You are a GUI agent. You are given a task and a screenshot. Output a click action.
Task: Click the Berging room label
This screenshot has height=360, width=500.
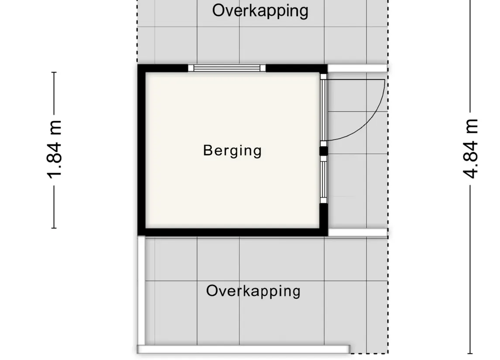pos(232,151)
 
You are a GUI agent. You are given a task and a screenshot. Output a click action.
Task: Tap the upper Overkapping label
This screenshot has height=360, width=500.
pos(260,11)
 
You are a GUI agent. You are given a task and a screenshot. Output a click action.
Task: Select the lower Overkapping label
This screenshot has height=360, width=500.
pos(253,291)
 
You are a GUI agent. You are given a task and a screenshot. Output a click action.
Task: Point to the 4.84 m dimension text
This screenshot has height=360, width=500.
pos(470,148)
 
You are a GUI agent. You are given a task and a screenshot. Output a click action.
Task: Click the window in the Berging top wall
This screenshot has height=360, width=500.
pos(227,68)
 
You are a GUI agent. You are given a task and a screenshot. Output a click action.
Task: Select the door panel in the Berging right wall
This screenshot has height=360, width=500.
pos(324,110)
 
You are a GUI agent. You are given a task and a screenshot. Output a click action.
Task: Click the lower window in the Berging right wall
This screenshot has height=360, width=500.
pos(324,179)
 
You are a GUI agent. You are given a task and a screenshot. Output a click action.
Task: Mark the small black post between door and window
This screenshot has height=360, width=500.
pos(324,151)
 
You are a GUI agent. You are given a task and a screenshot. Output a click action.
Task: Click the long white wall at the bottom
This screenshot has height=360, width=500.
pos(244,349)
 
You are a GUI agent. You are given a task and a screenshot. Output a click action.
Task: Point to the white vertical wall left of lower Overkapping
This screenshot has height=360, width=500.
pos(141,290)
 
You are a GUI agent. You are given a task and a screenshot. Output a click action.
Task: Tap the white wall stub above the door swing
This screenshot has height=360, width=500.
pos(358,68)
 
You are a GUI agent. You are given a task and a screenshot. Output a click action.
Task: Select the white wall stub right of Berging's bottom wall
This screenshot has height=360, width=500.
pos(358,233)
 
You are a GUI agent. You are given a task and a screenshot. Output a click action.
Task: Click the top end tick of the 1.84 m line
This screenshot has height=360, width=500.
pos(54,72)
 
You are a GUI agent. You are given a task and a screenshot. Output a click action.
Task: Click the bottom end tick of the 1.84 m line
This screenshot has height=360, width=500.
pos(54,228)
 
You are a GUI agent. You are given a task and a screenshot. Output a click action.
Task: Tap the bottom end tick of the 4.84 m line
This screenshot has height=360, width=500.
pos(470,353)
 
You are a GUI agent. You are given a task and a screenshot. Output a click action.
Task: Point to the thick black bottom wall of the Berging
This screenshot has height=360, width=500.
pos(233,232)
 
